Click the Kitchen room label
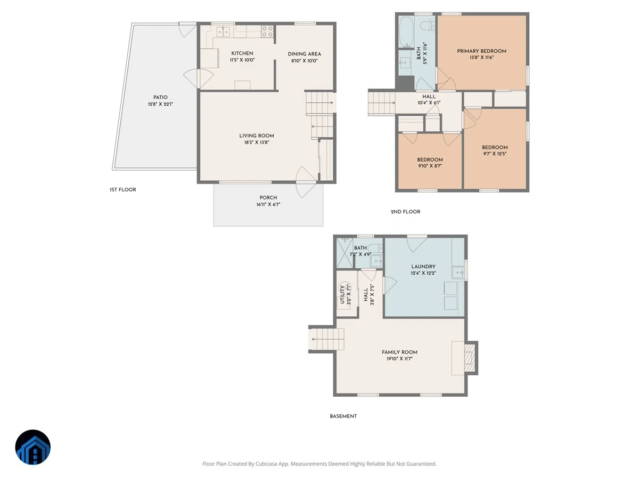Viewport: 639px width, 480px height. point(242,53)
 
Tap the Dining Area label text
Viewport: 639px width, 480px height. point(304,54)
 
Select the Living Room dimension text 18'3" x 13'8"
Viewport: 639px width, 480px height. point(257,142)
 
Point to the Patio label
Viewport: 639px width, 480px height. point(160,98)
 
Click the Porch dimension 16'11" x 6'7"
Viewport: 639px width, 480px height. point(268,205)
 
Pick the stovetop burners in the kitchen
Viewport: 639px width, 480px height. point(267,31)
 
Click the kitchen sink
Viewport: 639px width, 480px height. point(223,31)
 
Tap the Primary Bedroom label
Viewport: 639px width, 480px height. point(481,51)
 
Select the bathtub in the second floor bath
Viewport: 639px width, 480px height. point(406,31)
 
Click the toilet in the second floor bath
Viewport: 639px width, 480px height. point(428,26)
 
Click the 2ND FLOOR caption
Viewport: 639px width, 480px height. point(405,212)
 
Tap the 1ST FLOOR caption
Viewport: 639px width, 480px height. point(123,190)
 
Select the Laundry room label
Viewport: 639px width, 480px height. point(423,267)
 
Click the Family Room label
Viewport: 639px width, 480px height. point(399,353)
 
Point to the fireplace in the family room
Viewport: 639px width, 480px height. point(469,358)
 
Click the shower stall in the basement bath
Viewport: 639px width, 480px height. point(345,253)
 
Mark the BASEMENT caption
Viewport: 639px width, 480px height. point(343,417)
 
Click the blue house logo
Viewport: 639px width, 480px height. point(33,447)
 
